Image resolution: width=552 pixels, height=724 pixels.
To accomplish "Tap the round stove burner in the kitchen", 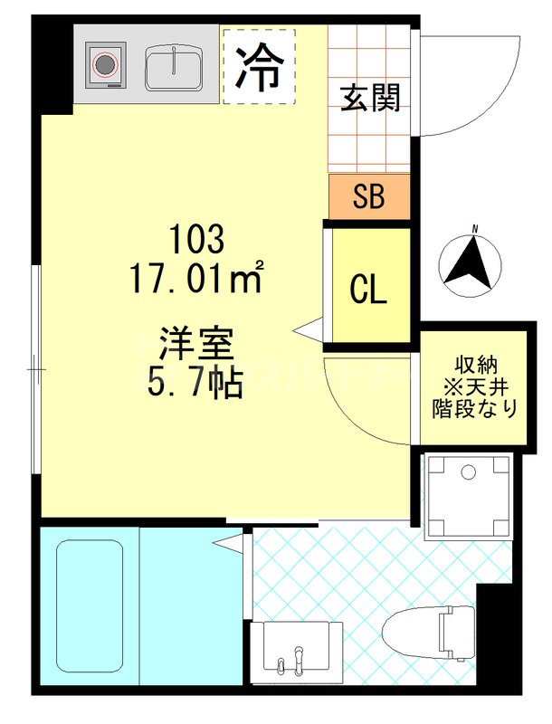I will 106,64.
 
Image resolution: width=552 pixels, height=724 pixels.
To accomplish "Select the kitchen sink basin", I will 176,66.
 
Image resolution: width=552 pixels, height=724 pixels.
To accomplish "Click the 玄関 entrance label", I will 370,98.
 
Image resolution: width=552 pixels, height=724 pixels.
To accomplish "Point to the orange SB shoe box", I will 369,197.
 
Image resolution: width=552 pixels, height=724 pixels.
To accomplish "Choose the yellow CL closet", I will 369,290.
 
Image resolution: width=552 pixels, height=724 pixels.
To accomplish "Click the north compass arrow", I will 471,262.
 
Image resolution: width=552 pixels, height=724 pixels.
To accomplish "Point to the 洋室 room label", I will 196,345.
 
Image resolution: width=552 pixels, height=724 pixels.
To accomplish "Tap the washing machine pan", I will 468,496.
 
